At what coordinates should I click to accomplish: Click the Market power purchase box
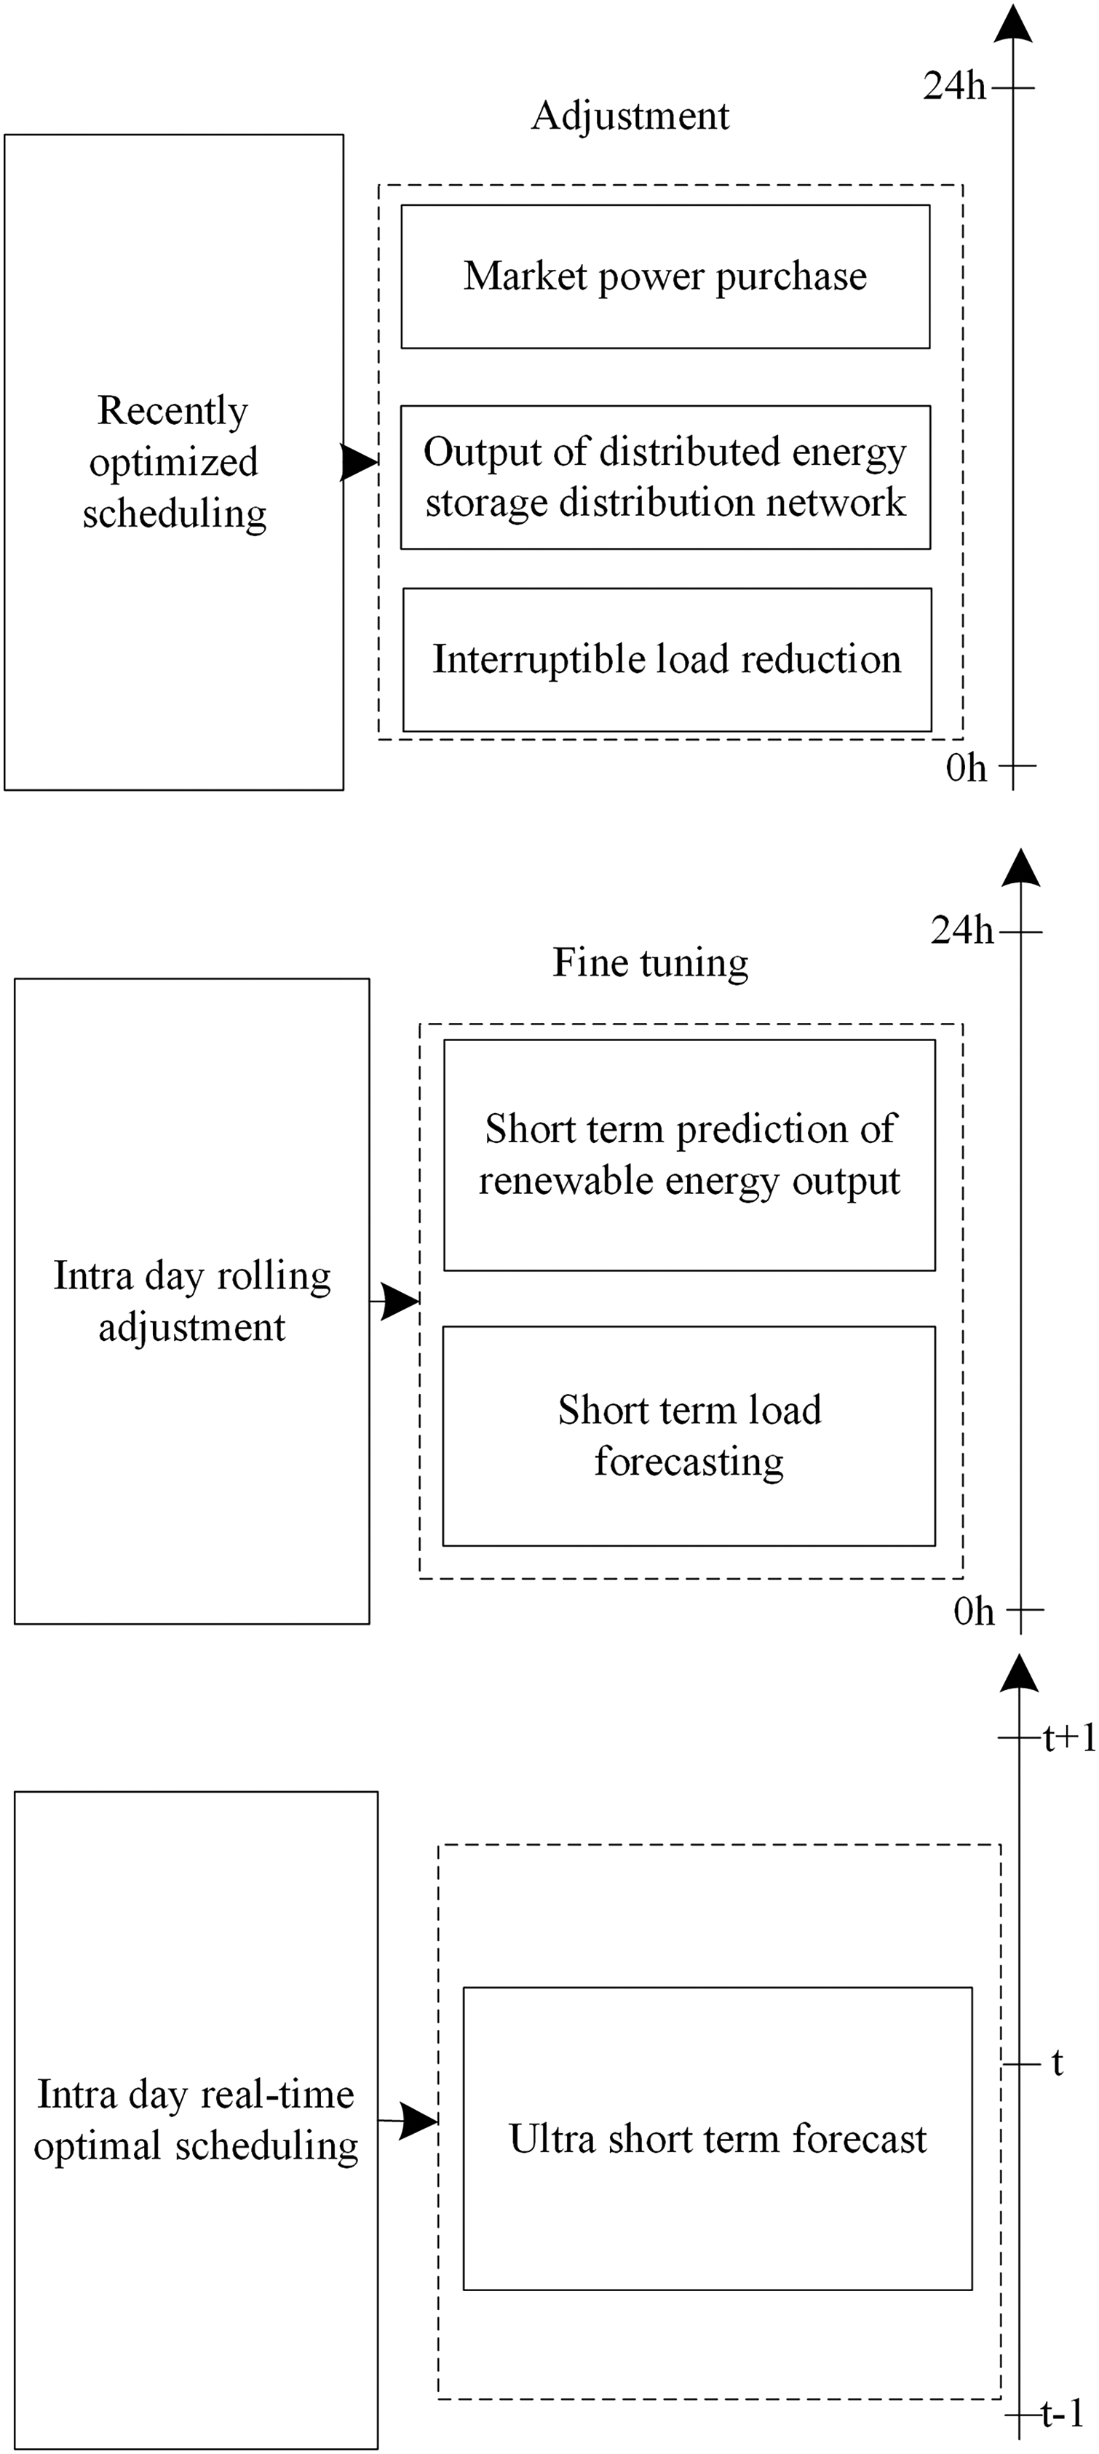(664, 276)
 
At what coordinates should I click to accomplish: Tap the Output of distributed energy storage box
(664, 477)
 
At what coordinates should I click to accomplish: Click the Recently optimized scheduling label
(173, 462)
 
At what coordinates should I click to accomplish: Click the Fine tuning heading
(650, 962)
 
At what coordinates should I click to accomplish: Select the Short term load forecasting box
(689, 1435)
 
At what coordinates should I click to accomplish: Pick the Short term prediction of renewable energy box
(689, 1155)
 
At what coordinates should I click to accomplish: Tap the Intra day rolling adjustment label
(191, 1300)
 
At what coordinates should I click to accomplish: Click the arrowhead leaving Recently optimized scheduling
(360, 462)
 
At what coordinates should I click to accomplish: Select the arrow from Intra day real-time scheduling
(415, 2121)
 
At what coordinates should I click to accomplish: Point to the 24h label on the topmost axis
(954, 87)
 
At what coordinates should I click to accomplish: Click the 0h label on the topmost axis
(966, 768)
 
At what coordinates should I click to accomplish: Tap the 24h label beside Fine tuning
(961, 931)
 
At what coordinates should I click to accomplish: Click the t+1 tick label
(1068, 1739)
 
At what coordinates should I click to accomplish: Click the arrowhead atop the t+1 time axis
(1019, 1675)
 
